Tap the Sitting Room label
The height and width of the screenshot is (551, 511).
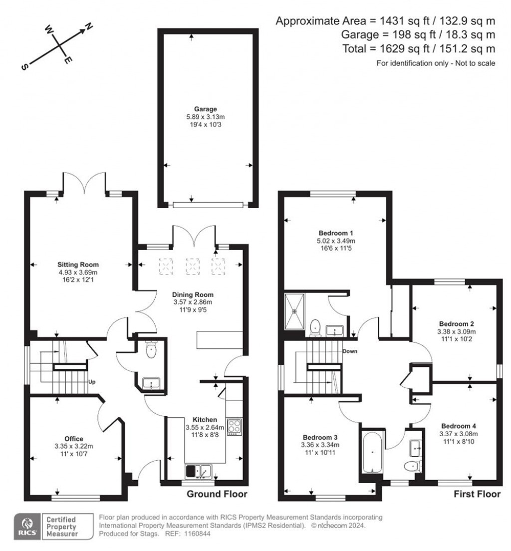click(x=78, y=265)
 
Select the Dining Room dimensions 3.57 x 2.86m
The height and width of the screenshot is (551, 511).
click(x=192, y=302)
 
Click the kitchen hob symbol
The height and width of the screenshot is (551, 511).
click(x=234, y=427)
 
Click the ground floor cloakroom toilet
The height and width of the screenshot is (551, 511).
click(x=151, y=351)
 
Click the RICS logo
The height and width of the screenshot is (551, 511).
click(x=26, y=526)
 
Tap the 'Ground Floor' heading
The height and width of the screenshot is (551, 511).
click(x=217, y=494)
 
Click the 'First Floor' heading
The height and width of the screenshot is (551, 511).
click(x=477, y=494)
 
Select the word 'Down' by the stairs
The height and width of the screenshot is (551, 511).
click(x=350, y=351)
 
